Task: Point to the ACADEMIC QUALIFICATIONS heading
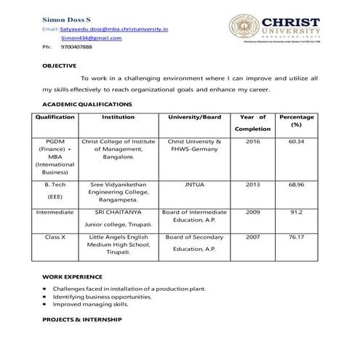tap(87, 105)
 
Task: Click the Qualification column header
tap(55, 116)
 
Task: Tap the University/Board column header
tap(194, 116)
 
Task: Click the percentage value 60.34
tap(296, 141)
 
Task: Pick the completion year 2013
tap(252, 185)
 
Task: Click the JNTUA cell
tap(194, 185)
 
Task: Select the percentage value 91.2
tap(296, 212)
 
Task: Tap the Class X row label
tap(55, 237)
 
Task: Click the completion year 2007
tap(252, 237)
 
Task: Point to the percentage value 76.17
tap(296, 237)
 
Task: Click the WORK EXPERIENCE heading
tap(72, 277)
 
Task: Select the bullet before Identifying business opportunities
tap(45, 297)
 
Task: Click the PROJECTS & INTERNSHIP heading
tap(81, 320)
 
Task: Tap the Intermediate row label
tap(55, 212)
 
